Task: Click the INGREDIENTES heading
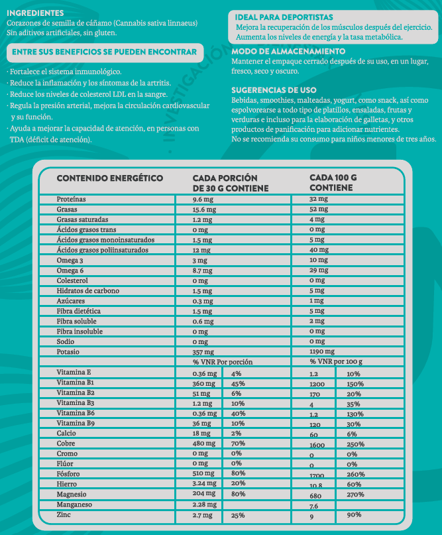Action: click(x=35, y=13)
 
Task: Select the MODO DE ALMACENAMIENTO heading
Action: click(x=288, y=51)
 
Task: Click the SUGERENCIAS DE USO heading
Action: click(x=274, y=89)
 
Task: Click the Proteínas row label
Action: click(x=72, y=199)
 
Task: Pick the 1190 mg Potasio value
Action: click(x=322, y=351)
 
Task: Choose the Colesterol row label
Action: click(x=74, y=281)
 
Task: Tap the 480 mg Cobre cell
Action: click(x=203, y=443)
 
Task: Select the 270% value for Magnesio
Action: click(x=355, y=495)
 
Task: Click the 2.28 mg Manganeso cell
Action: click(x=205, y=505)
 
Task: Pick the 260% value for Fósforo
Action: click(x=355, y=474)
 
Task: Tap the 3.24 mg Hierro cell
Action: click(x=205, y=484)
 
